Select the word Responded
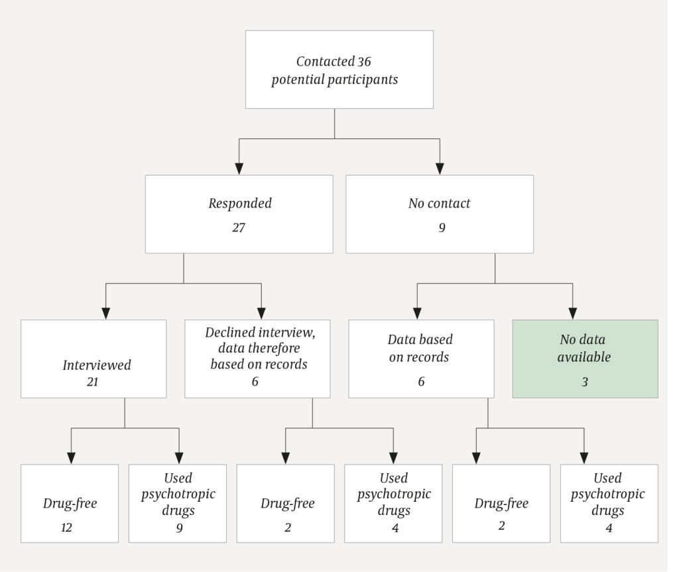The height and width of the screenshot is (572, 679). tap(239, 203)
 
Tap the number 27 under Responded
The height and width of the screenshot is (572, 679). tap(239, 227)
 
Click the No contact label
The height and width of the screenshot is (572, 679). tap(439, 203)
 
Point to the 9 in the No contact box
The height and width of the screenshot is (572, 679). tap(439, 227)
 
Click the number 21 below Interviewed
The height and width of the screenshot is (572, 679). tap(93, 381)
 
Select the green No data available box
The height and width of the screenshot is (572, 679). tap(585, 359)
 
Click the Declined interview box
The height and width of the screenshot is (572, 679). tap(259, 359)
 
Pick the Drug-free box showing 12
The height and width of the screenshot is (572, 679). tap(70, 504)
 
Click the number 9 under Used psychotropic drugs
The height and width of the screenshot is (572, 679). tap(178, 529)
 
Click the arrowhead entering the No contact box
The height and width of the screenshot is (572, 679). tap(440, 168)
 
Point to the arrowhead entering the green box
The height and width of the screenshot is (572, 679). tap(573, 314)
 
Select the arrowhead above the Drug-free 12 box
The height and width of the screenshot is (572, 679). tap(71, 457)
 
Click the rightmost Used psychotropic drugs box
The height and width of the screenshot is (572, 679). tap(609, 504)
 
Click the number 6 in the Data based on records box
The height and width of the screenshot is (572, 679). tap(421, 382)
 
